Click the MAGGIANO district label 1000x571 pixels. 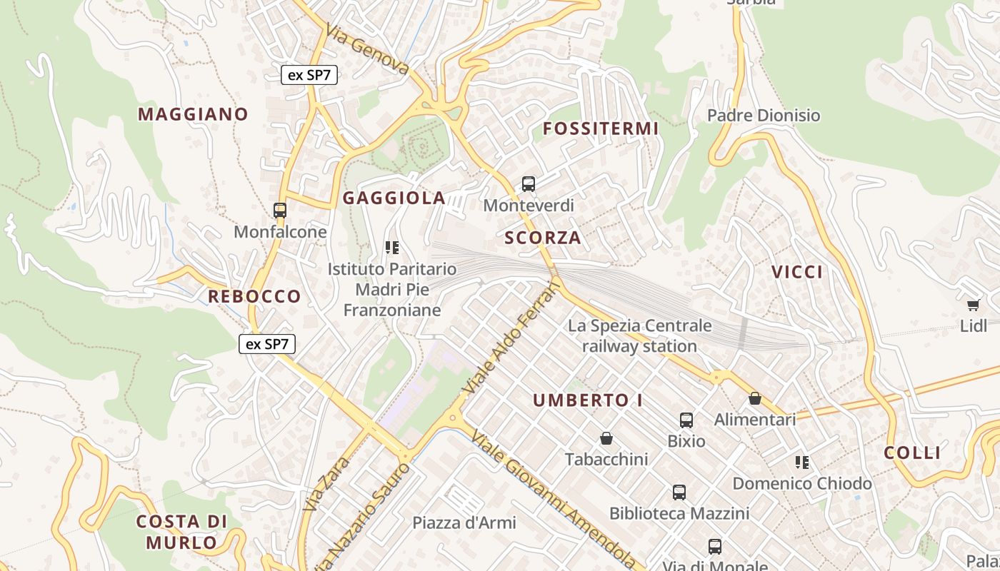(x=193, y=114)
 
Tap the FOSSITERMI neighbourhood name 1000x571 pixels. (x=601, y=128)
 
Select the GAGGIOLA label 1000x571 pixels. (x=394, y=198)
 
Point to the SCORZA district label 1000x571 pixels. (x=543, y=238)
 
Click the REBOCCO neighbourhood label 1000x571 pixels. (x=254, y=296)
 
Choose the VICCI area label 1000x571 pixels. (x=797, y=272)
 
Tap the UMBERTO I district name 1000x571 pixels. (x=588, y=400)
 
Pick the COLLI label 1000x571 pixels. (x=912, y=453)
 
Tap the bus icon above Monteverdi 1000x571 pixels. (x=529, y=184)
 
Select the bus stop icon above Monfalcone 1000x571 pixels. (x=280, y=211)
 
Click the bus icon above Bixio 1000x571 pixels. (x=686, y=420)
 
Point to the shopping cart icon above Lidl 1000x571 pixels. (x=973, y=305)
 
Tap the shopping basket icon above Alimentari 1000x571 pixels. (x=755, y=398)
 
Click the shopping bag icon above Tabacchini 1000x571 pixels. (x=606, y=438)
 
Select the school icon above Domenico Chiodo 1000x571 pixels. (x=802, y=463)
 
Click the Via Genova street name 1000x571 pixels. (x=367, y=49)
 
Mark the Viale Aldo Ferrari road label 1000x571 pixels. (x=512, y=338)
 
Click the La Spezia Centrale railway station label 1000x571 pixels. (x=639, y=336)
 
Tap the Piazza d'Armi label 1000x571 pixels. (x=464, y=522)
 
